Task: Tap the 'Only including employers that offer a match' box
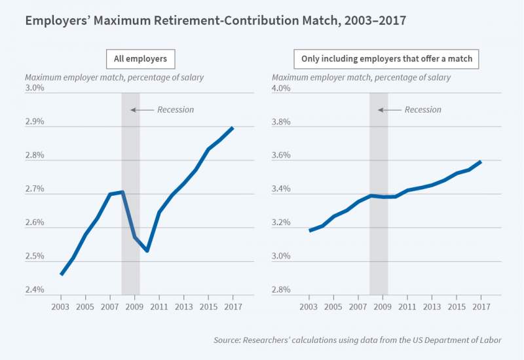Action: click(x=386, y=59)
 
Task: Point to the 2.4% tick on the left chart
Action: click(x=34, y=290)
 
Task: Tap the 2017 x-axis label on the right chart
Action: click(x=481, y=306)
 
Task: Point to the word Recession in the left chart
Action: click(x=176, y=110)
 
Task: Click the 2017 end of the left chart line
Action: click(x=233, y=128)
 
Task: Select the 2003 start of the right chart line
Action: click(x=310, y=230)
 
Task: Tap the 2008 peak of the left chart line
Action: click(x=122, y=192)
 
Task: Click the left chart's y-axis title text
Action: click(x=114, y=77)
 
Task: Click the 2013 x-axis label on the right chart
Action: click(x=432, y=306)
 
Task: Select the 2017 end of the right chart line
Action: click(x=481, y=161)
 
